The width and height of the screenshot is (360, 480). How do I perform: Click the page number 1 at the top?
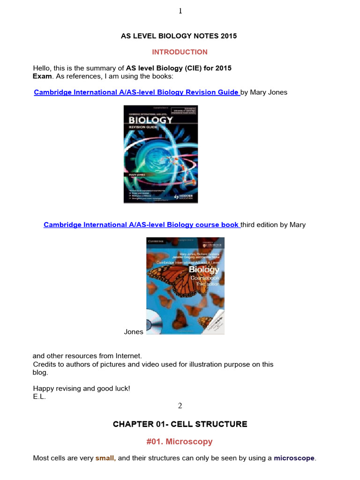point(180,12)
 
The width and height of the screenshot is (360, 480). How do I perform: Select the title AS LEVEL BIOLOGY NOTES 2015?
point(180,36)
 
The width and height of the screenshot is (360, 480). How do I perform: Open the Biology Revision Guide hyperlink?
point(136,92)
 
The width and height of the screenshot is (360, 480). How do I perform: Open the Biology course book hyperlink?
point(141,225)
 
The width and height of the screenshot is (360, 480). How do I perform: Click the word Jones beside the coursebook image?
point(134,331)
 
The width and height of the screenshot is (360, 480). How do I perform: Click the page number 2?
point(180,406)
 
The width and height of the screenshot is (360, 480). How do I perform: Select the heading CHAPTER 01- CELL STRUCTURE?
point(180,424)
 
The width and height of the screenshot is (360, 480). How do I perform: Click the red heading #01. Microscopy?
point(180,442)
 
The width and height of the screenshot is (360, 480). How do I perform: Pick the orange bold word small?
point(105,458)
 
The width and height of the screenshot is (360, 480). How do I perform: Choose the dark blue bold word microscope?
point(294,458)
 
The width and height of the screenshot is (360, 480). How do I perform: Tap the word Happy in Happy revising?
point(43,388)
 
